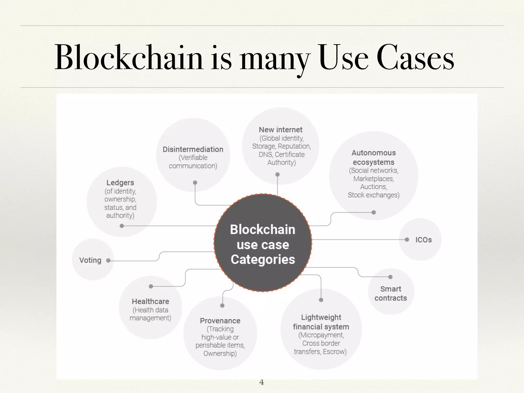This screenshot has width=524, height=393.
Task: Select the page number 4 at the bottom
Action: tap(261, 382)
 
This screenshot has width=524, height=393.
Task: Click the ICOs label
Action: tap(423, 240)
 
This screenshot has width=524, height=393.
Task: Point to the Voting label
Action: tap(90, 260)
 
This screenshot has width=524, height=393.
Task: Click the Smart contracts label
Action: tap(390, 293)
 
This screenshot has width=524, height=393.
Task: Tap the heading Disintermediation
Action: tap(193, 149)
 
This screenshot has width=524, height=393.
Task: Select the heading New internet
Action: tap(280, 130)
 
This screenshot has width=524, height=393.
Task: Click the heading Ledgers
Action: tap(120, 183)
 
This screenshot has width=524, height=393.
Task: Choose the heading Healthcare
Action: tap(150, 301)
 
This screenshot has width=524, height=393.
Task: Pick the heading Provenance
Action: tap(220, 321)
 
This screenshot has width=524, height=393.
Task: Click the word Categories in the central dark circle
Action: tap(263, 259)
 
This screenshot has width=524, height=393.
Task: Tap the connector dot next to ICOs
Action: tap(407, 240)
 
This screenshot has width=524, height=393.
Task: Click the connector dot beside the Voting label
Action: tap(108, 260)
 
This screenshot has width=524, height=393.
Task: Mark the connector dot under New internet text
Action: tap(277, 174)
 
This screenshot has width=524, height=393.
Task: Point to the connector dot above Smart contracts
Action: tap(390, 277)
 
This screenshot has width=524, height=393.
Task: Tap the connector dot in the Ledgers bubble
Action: tap(122, 226)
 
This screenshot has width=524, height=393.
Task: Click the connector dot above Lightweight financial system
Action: tap(321, 300)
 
